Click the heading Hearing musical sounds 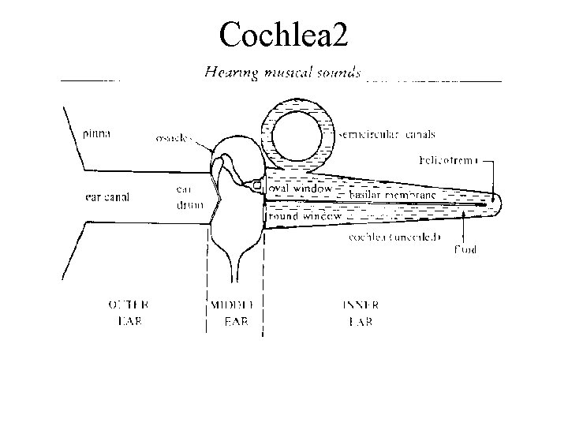point(282,73)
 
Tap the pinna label point(97,133)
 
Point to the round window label point(305,215)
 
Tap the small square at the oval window point(256,186)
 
